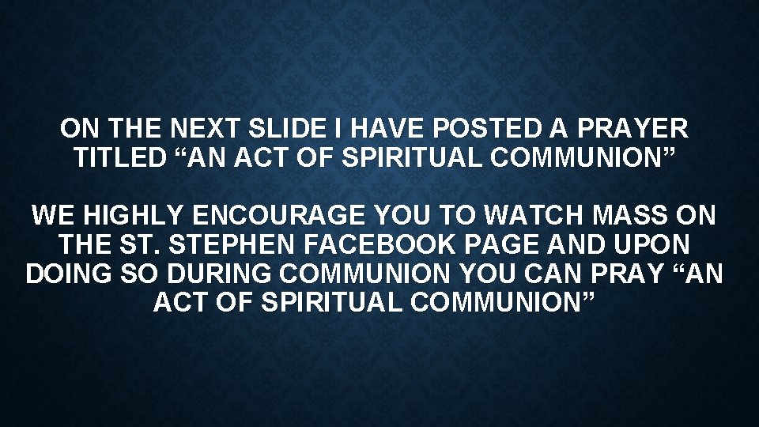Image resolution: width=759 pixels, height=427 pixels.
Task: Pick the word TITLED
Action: [x=119, y=157]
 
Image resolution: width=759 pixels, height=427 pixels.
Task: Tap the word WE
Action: [x=52, y=213]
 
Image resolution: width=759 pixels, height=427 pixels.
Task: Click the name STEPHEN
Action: [x=208, y=243]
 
